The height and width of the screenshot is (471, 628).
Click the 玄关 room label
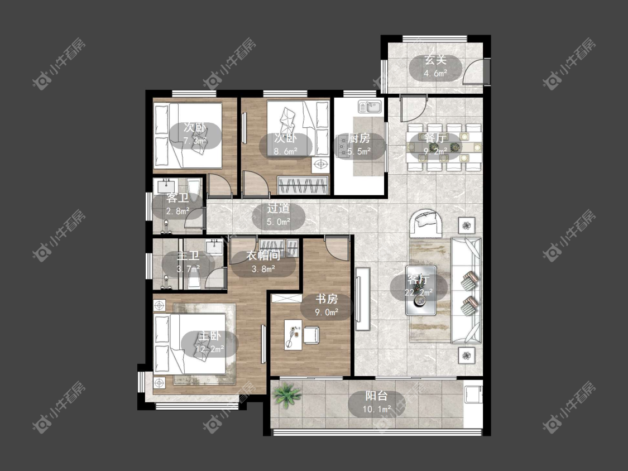435,60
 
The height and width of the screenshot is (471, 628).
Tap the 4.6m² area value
435,74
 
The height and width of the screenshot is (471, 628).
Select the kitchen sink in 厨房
370,107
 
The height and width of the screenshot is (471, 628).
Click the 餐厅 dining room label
435,138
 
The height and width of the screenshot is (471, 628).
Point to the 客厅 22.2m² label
419,286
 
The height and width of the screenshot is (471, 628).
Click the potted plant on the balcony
287,395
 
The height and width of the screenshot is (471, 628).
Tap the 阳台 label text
377,396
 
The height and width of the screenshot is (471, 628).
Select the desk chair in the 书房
311,335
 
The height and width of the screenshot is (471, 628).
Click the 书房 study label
327,299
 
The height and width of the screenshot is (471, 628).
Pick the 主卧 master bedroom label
209,336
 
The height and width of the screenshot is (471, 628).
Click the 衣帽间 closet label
263,256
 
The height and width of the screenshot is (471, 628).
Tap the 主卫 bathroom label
188,256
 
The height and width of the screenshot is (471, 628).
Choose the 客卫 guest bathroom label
178,198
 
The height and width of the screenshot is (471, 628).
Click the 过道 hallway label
279,208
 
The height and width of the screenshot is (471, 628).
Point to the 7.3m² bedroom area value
195,141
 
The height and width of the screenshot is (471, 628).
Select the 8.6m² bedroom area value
286,151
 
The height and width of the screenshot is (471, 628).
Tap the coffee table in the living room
420,290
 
